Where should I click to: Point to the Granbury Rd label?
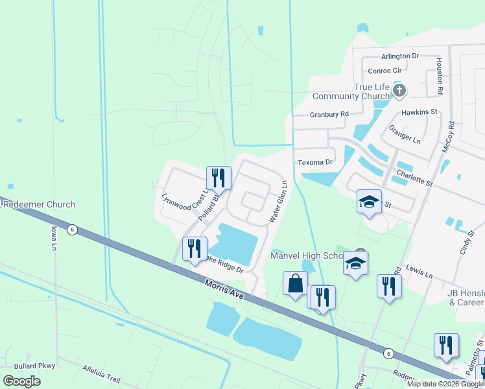(329, 114)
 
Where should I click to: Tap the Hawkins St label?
(420, 112)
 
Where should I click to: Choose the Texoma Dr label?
(315, 162)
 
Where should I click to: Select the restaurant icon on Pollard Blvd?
(219, 178)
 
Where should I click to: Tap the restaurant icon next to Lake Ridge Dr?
(195, 248)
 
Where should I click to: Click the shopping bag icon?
(295, 283)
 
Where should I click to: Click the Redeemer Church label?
(38, 204)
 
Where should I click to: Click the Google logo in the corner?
(21, 381)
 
